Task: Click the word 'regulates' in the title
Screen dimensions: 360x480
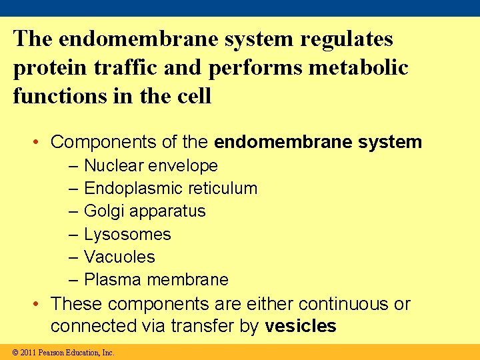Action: (347, 39)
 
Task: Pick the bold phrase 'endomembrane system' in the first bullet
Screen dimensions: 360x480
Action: (318, 142)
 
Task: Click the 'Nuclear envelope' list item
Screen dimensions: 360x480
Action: (151, 165)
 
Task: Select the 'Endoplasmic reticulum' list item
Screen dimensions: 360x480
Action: (171, 189)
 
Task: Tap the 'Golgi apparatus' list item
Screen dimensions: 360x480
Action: (145, 211)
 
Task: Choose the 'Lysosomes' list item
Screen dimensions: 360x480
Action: (127, 235)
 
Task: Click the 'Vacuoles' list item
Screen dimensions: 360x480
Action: (119, 257)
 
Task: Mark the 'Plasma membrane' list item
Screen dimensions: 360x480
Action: (156, 280)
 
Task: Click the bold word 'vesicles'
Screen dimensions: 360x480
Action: (301, 327)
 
